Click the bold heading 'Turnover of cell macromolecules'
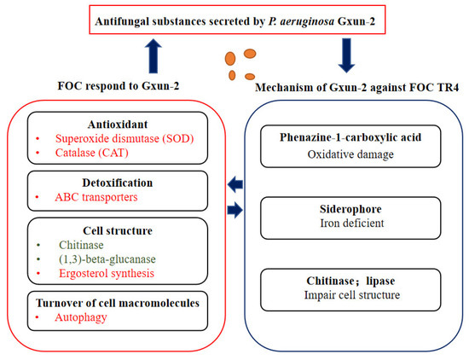tap(116, 301)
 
